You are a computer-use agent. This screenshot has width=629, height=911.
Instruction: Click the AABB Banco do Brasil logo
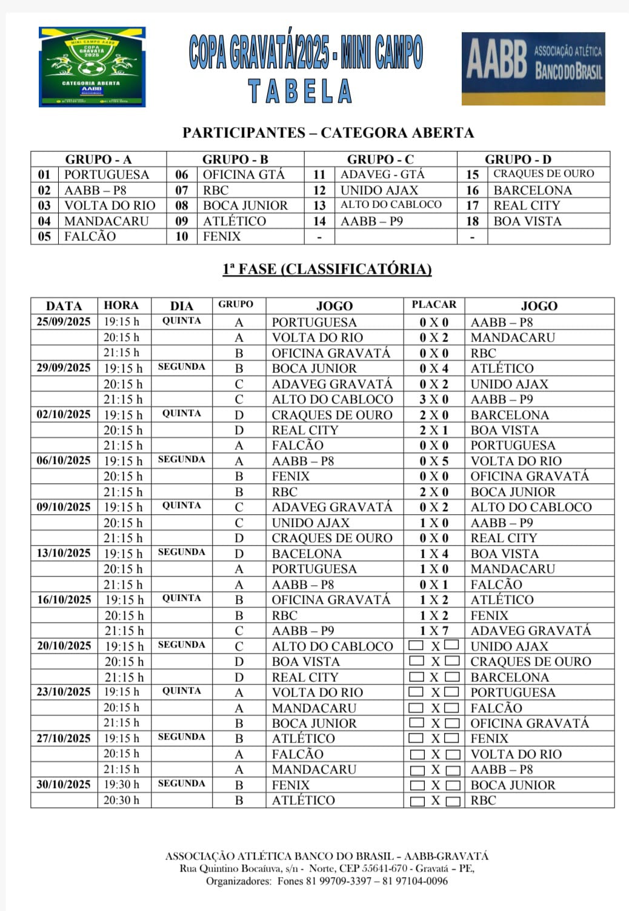(533, 68)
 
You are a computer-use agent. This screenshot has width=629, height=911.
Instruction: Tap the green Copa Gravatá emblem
(92, 67)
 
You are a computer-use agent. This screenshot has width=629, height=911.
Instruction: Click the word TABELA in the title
(301, 92)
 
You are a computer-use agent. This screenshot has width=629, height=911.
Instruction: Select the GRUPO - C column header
(380, 159)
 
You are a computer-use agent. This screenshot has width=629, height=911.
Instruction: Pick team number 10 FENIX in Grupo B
(222, 237)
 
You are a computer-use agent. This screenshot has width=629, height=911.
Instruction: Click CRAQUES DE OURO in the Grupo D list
(544, 174)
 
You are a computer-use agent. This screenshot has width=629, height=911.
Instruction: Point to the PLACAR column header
(434, 305)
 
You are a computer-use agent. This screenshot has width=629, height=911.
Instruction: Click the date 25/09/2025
(64, 322)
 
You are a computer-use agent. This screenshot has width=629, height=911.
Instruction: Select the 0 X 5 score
(434, 461)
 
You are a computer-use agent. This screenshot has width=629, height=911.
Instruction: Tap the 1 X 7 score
(434, 631)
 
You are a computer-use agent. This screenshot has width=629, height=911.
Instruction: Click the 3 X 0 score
(434, 399)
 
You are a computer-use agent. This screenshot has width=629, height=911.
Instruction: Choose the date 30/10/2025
(64, 784)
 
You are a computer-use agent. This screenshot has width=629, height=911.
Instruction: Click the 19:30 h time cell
(121, 784)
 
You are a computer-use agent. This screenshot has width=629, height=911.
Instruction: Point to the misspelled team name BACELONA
(307, 554)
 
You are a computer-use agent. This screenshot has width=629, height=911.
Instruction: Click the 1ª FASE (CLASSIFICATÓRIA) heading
(327, 269)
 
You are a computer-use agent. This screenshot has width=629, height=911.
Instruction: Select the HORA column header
(121, 305)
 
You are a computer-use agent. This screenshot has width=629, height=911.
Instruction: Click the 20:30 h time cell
(121, 800)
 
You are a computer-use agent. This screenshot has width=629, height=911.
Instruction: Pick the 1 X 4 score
(434, 554)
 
